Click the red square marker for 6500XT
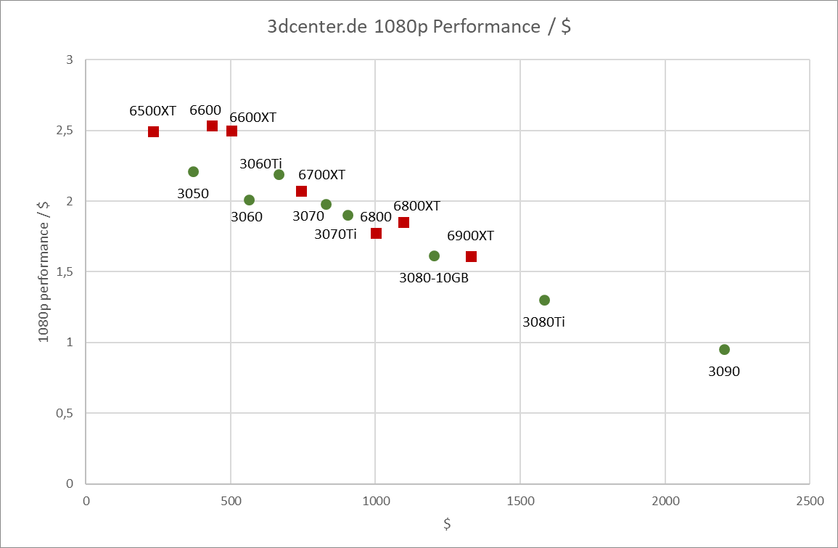[x=153, y=131]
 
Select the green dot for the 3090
[x=724, y=349]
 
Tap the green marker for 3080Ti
[x=544, y=300]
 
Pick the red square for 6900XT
[x=471, y=256]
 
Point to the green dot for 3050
[x=193, y=171]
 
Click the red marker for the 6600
[x=212, y=126]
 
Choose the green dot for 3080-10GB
[x=434, y=255]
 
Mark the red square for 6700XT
[x=301, y=191]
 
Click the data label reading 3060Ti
[x=261, y=164]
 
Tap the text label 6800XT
[x=416, y=205]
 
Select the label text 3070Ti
[x=335, y=234]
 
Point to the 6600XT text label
[x=252, y=117]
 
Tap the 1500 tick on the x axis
[x=519, y=501]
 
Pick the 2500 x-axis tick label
[x=809, y=501]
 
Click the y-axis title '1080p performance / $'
[x=44, y=271]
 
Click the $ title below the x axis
[x=448, y=523]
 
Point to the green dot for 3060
[x=249, y=200]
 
